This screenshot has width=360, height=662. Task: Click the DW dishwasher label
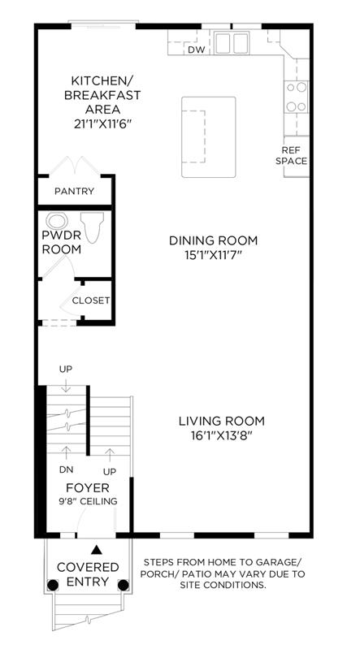coord(196,50)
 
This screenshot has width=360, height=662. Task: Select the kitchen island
coord(209,136)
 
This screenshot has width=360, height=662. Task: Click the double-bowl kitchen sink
coord(231,43)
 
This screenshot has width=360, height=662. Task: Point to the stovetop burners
coord(296,97)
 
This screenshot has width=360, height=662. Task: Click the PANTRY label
coord(75,191)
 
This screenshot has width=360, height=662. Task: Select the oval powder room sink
coord(57,221)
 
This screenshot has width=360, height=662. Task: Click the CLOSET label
coord(91,301)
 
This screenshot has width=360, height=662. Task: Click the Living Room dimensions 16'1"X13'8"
coord(221,435)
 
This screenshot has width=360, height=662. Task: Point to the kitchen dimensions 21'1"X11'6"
coord(102,123)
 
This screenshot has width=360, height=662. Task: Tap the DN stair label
coord(66,469)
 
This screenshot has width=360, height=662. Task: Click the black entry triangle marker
coord(98,550)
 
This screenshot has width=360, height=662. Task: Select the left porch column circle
coord(52,585)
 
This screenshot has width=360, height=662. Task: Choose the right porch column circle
coord(123,585)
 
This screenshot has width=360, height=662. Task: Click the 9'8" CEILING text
coord(88,501)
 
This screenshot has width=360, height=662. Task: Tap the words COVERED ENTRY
coord(88,574)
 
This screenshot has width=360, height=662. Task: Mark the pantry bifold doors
coord(76,166)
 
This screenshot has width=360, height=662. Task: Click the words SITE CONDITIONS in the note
coord(223,585)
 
